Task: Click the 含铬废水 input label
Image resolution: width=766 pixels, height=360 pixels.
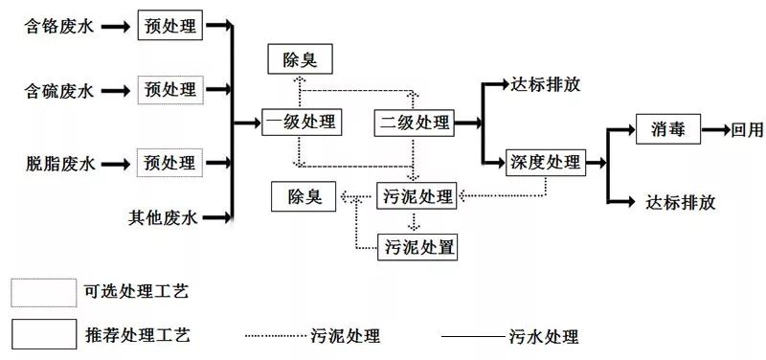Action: click(x=59, y=27)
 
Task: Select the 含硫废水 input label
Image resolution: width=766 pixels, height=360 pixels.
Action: click(x=59, y=92)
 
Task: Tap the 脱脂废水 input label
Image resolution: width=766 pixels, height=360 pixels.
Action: click(x=59, y=162)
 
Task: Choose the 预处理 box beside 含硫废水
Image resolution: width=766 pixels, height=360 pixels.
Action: click(x=169, y=90)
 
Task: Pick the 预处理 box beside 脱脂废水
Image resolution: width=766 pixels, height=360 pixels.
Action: click(x=169, y=160)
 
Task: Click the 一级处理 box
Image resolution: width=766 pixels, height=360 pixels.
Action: click(x=301, y=122)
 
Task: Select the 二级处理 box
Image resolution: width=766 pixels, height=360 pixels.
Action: click(x=415, y=122)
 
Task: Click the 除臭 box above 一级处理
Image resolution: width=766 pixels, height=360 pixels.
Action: click(x=300, y=60)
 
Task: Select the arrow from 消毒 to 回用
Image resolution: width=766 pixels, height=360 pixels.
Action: click(x=714, y=129)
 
